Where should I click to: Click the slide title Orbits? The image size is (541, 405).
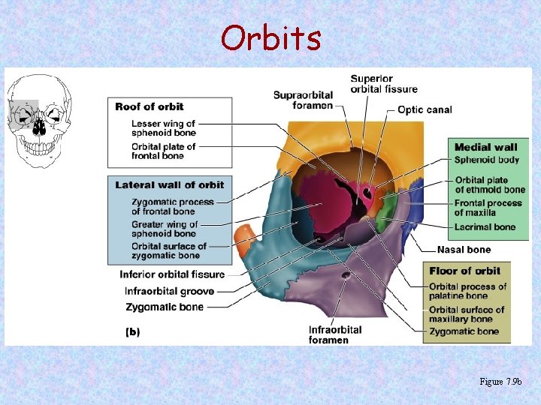[270, 37]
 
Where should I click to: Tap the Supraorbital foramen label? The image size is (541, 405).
[303, 100]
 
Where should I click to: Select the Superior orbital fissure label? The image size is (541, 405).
[382, 85]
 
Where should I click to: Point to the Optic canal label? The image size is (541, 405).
[425, 109]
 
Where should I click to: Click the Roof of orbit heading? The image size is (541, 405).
[150, 106]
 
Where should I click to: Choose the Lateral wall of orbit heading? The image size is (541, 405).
[170, 184]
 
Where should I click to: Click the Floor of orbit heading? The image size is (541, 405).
[464, 271]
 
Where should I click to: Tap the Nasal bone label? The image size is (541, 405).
[464, 250]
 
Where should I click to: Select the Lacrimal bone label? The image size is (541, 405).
[485, 226]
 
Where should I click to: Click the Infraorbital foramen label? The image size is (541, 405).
[334, 334]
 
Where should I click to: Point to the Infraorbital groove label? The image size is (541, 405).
[169, 291]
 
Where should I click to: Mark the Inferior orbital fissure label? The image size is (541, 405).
[172, 274]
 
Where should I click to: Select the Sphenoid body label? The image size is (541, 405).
[487, 160]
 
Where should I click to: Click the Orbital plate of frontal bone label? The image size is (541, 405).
[163, 151]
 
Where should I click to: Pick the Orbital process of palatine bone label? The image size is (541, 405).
[467, 291]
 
